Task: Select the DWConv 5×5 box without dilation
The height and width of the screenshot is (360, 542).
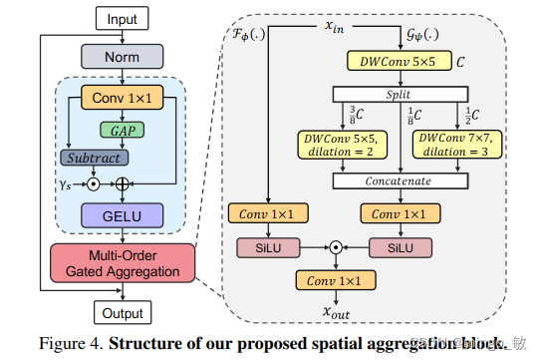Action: pyautogui.click(x=400, y=63)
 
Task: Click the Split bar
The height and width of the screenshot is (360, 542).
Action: pyautogui.click(x=400, y=93)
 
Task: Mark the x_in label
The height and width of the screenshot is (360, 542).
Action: pyautogui.click(x=334, y=29)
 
